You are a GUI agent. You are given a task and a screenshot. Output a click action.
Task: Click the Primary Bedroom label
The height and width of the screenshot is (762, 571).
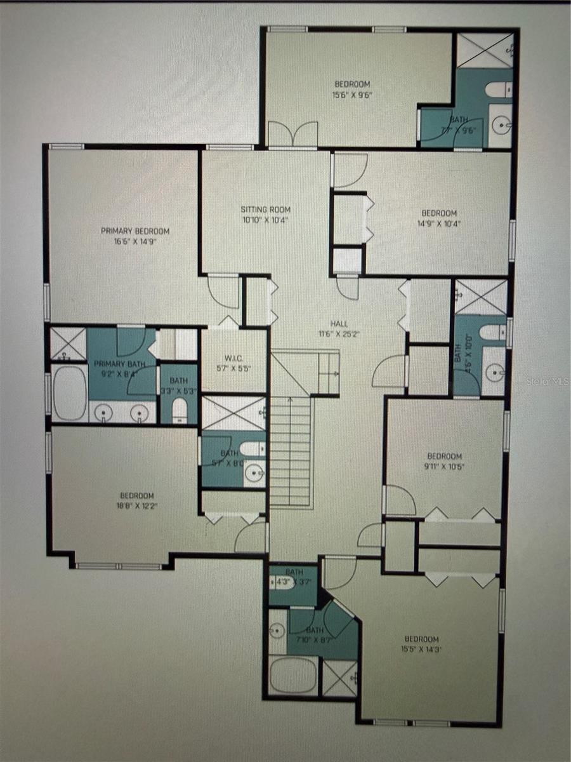coord(135,231)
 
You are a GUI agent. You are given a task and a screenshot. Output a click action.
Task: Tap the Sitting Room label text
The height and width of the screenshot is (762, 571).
coord(265,210)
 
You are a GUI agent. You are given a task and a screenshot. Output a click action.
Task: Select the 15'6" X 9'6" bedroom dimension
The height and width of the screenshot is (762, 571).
coord(352,95)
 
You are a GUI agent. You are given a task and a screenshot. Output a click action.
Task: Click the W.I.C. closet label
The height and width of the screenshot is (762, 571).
coord(233,356)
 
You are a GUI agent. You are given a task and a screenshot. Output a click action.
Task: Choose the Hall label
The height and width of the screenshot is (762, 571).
coord(339,323)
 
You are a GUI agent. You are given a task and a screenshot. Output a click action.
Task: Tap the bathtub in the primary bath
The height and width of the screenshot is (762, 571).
coord(69,392)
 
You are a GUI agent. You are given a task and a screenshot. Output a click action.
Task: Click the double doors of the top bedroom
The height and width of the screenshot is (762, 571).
coord(292,135)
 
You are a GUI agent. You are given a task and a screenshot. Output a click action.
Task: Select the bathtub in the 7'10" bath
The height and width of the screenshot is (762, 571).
coord(292,675)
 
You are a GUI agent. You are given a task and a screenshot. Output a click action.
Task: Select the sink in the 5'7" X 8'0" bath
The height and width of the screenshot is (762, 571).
coord(254,472)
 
